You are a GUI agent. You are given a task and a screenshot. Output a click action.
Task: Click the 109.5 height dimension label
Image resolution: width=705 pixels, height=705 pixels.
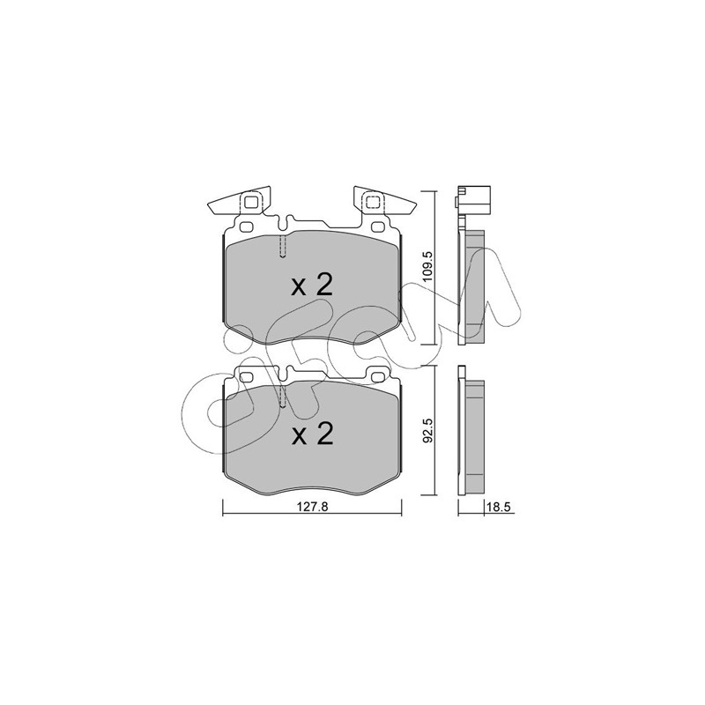click(x=427, y=266)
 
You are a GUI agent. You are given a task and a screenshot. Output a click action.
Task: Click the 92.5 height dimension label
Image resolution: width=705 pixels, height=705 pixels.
click(x=428, y=431)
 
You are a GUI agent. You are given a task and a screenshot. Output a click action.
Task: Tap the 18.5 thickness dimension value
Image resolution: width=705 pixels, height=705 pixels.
click(x=499, y=508)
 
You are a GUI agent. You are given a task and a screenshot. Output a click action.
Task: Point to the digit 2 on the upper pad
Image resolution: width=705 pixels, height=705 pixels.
click(x=324, y=285)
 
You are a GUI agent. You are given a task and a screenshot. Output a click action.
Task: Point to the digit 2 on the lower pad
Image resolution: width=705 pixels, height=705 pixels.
click(x=324, y=434)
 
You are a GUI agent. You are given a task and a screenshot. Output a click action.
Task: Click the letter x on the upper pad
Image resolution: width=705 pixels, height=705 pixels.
click(x=299, y=288)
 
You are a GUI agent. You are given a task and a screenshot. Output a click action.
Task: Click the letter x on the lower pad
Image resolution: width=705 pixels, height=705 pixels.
click(x=299, y=436)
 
